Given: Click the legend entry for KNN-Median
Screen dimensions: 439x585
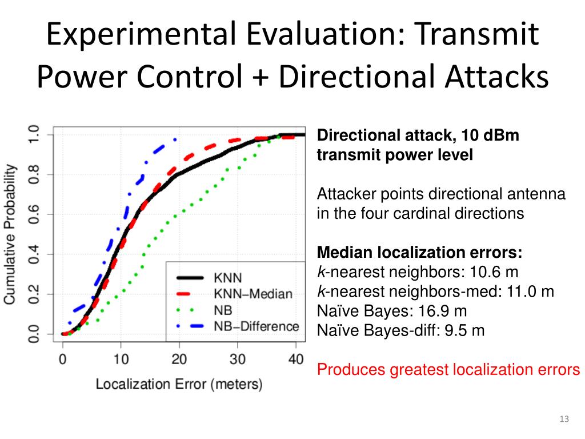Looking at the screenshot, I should tap(253, 294).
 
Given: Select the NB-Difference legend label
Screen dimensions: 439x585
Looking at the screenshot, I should tap(256, 326).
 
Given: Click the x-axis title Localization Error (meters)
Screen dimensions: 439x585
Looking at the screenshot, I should tap(179, 384).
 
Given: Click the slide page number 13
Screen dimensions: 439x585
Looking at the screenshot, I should tap(564, 420).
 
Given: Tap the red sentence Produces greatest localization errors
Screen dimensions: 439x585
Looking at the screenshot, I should tap(448, 370).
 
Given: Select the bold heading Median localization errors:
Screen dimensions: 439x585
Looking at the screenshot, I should tap(419, 253).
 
